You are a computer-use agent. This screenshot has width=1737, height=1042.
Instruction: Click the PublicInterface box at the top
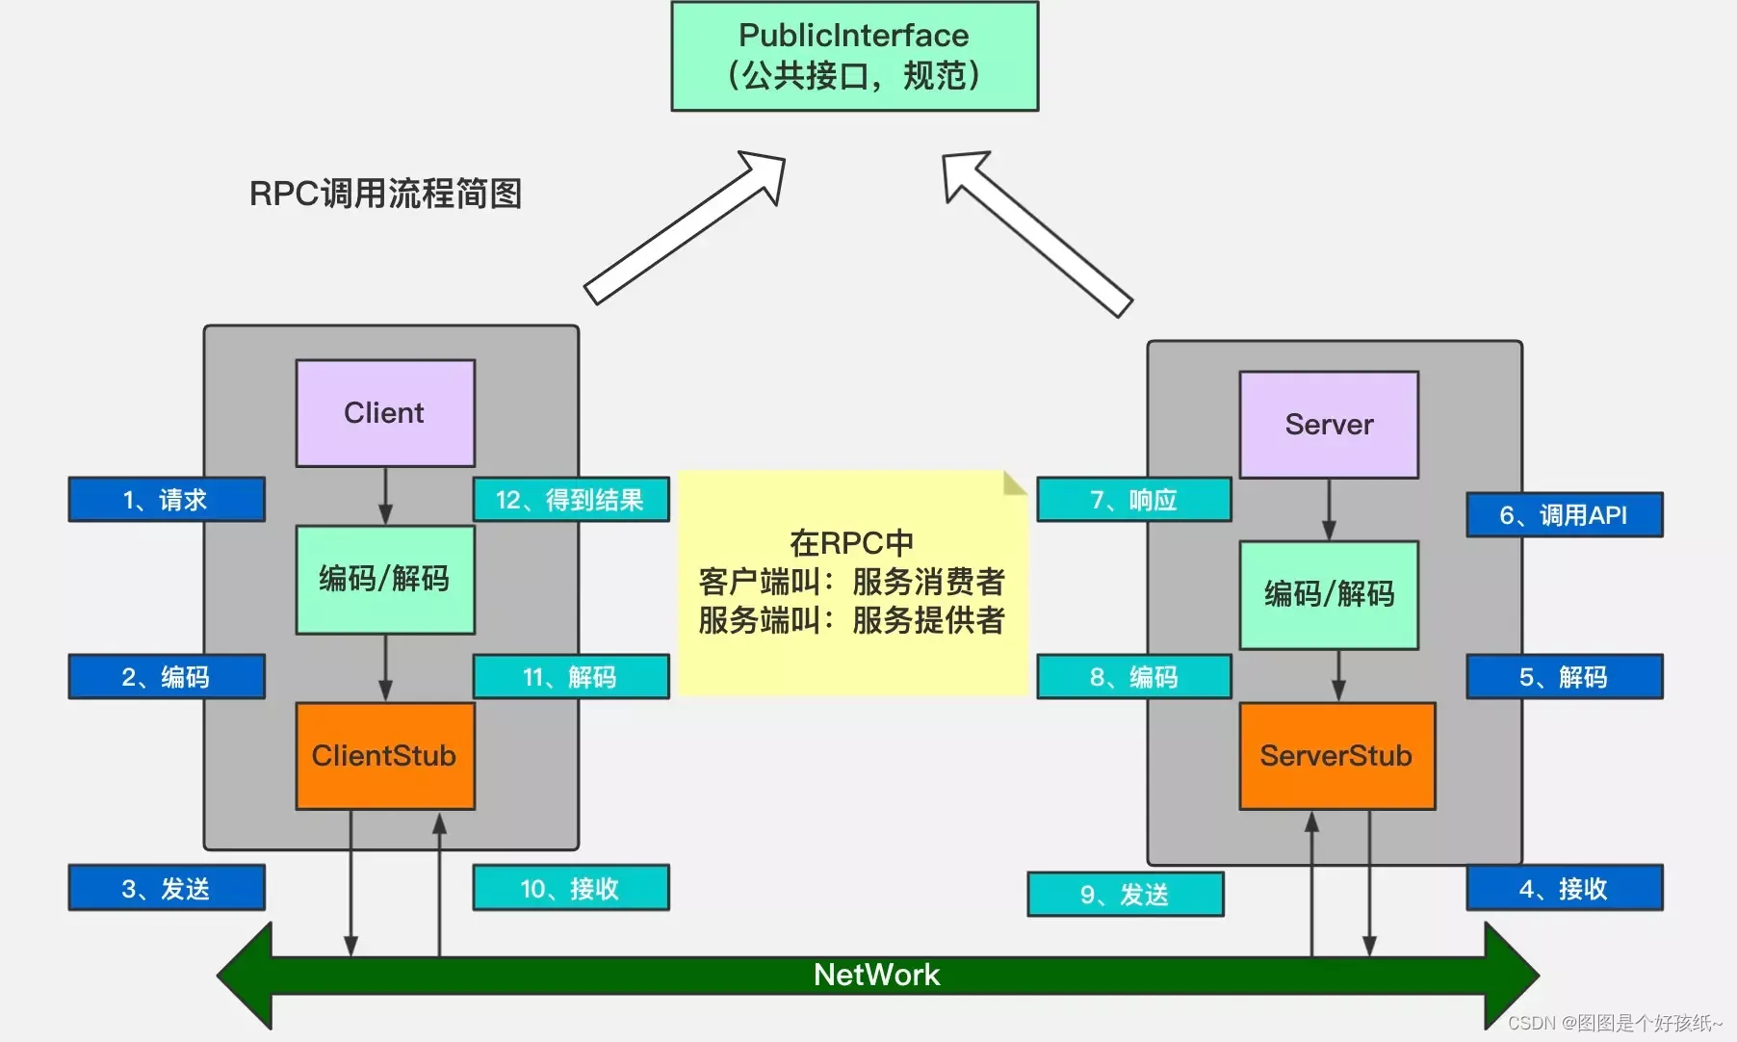pos(854,56)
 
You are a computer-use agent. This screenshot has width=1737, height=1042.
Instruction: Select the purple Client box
pos(384,413)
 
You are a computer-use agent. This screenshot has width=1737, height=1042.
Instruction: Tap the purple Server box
pos(1329,425)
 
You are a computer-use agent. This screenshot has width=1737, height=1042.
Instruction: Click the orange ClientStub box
pos(384,756)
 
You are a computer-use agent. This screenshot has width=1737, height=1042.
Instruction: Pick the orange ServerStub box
pos(1336,756)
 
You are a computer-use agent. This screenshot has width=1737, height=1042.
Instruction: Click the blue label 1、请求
pos(166,500)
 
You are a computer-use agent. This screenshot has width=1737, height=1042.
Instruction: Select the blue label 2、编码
pos(166,677)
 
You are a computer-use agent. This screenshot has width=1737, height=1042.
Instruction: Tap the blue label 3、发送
pos(166,888)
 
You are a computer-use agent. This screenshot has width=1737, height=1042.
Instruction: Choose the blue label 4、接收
pos(1564,888)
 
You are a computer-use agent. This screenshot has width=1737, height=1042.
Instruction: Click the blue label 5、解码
pos(1564,677)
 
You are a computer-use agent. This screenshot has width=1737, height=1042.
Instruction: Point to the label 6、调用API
pos(1564,515)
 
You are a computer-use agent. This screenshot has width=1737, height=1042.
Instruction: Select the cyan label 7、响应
pos(1133,500)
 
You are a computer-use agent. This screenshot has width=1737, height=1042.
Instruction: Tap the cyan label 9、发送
pos(1125,895)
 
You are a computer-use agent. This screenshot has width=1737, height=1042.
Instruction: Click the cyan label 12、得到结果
pos(570,500)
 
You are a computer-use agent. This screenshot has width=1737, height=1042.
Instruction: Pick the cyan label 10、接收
pos(570,888)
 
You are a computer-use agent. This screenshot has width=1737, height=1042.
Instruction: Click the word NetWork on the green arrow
pos(876,975)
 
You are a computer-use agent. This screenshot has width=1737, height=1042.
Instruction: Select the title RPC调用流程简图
pos(385,194)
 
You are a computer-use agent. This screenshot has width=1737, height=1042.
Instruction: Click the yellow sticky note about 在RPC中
pos(852,583)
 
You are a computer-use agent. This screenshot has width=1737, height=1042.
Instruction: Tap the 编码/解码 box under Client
pos(384,579)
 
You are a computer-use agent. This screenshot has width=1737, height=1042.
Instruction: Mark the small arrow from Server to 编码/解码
pos(1329,509)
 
